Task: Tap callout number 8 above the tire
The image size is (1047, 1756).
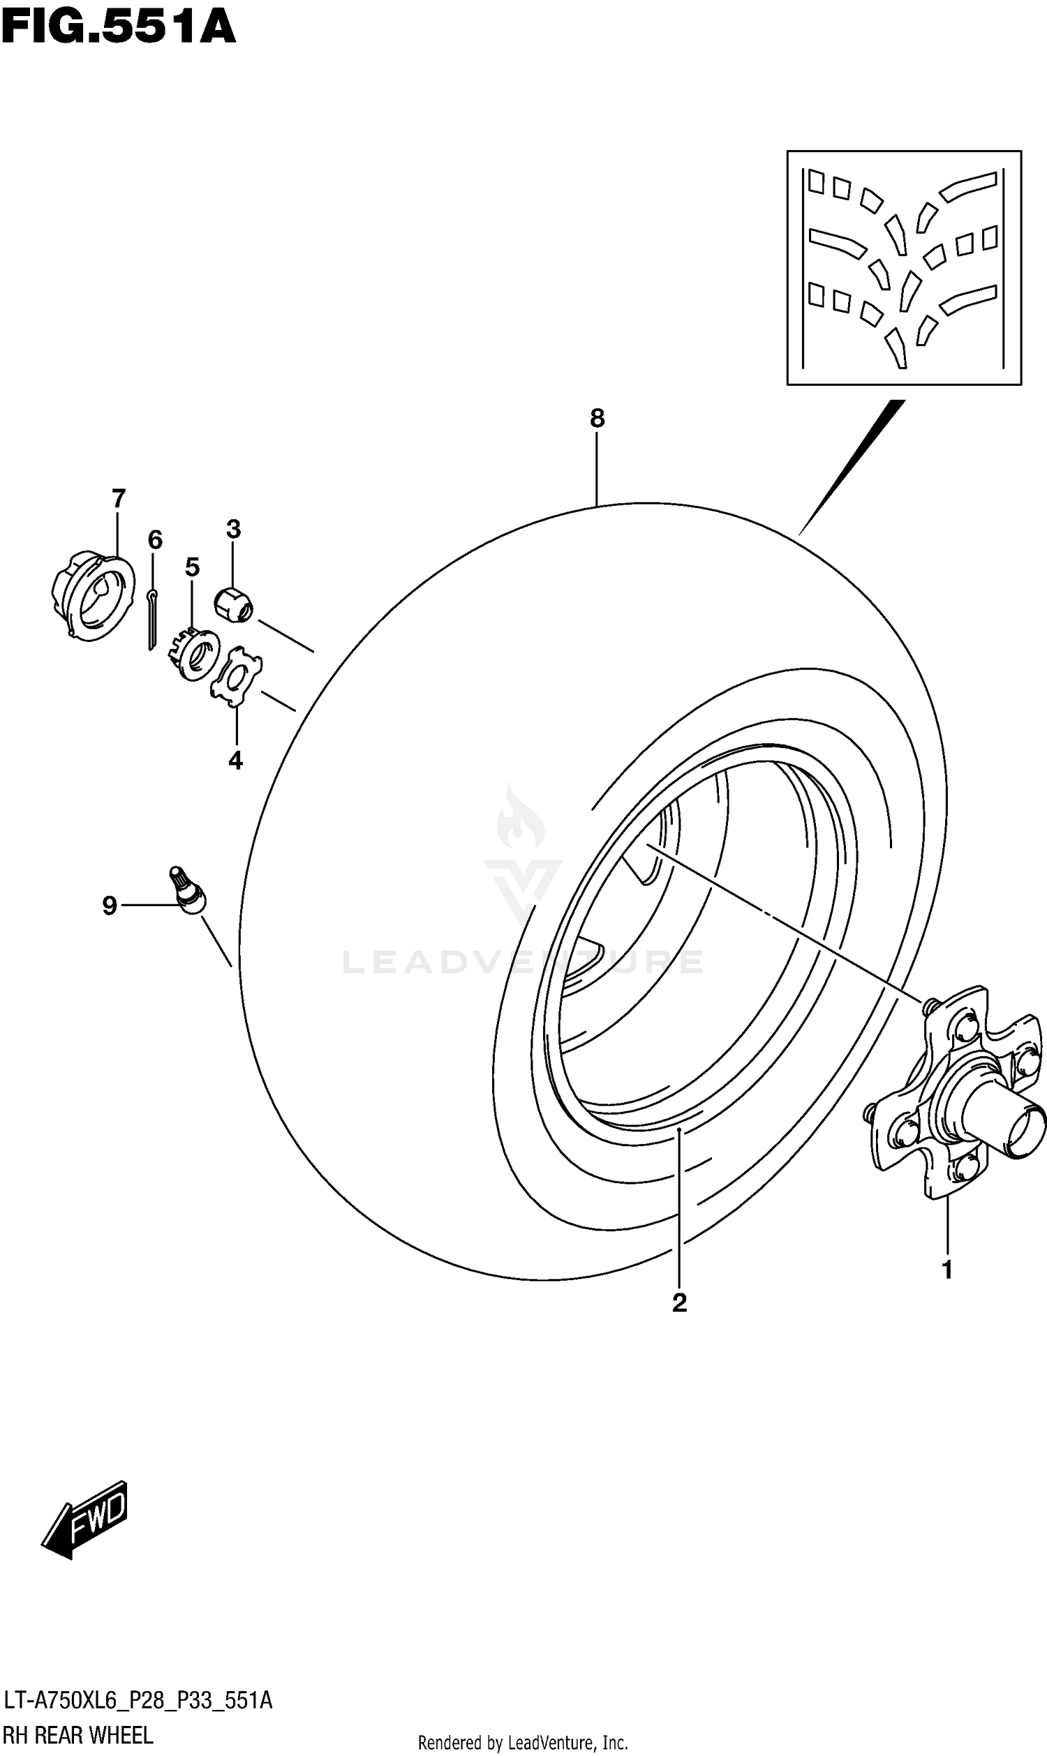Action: point(597,419)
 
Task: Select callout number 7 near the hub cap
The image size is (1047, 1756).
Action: point(118,499)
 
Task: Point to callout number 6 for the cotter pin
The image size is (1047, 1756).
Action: point(155,540)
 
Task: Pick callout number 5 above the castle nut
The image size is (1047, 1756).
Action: point(193,566)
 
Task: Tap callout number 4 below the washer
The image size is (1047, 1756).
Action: point(236,760)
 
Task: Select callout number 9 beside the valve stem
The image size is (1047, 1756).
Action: point(110,905)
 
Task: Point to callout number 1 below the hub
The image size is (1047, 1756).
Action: point(946,1270)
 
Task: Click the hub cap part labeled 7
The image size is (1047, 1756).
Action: point(93,596)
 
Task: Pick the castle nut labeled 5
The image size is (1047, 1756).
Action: point(194,653)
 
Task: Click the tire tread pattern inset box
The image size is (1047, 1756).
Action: point(904,267)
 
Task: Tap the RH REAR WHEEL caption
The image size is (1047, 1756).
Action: point(77,1735)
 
